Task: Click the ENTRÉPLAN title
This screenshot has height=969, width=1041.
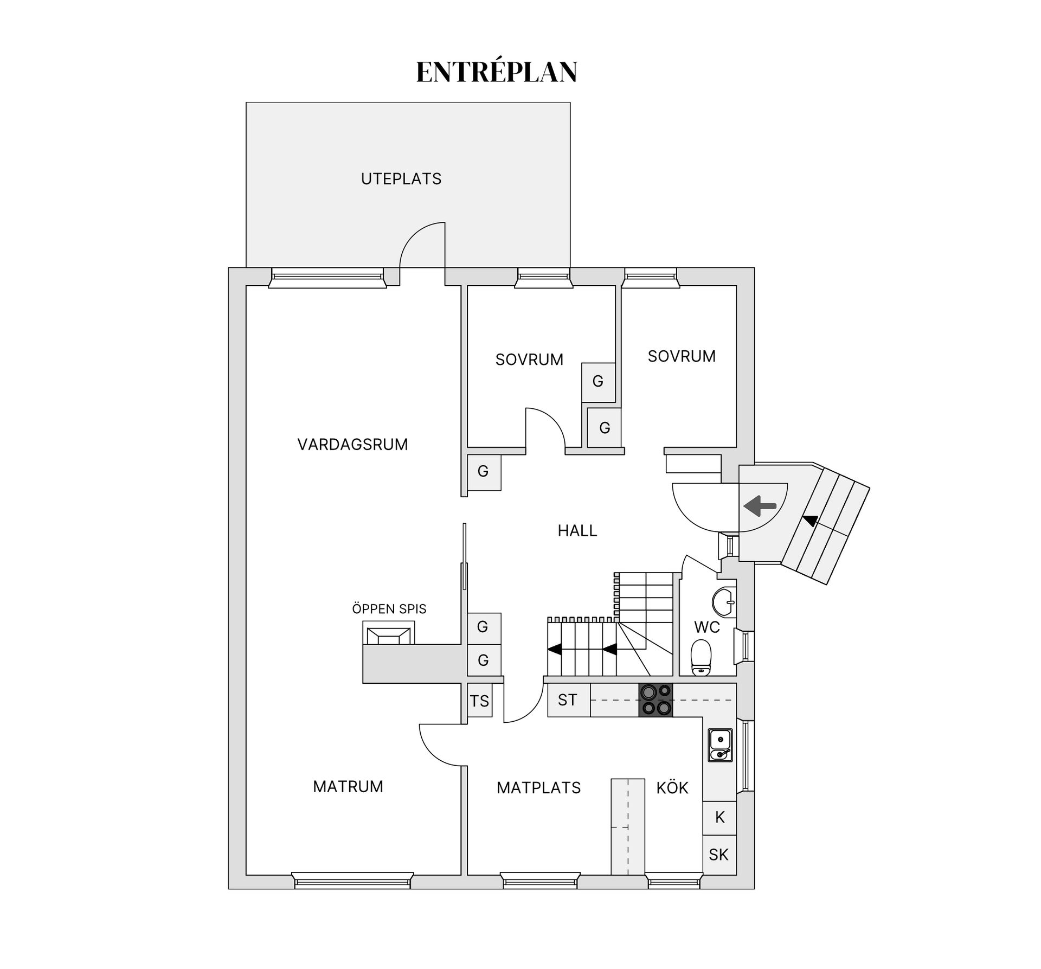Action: tap(496, 72)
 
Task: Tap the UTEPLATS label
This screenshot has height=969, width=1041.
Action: tap(401, 179)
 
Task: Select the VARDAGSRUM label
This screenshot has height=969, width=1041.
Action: tap(352, 445)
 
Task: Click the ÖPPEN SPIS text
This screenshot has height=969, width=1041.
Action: tap(389, 609)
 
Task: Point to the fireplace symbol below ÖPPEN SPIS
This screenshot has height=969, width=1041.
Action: tap(388, 635)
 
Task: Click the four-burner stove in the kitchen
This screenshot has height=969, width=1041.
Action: tap(656, 700)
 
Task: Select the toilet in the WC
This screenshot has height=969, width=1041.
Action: tap(701, 658)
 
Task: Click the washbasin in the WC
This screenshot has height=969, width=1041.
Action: tap(724, 602)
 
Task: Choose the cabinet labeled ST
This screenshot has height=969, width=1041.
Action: tap(568, 700)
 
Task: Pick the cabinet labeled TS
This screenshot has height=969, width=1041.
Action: tap(479, 702)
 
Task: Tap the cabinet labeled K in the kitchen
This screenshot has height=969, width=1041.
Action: tap(719, 818)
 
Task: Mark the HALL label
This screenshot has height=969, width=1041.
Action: tap(577, 530)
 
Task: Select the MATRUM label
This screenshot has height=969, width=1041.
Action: tap(348, 787)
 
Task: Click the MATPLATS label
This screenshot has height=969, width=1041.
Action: tap(538, 788)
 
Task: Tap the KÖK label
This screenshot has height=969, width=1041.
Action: tap(672, 788)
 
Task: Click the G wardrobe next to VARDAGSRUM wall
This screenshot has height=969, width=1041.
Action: tap(484, 472)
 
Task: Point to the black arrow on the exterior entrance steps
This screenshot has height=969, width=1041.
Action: tap(811, 521)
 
